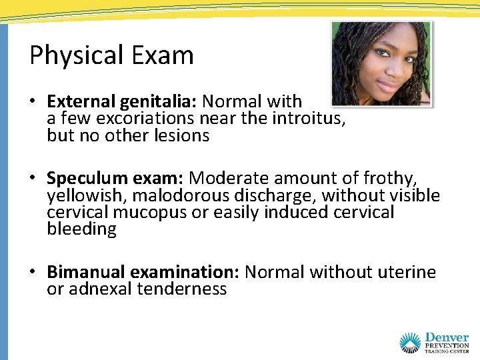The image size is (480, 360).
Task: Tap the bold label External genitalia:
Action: coord(122,101)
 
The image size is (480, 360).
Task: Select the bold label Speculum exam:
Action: coord(116,179)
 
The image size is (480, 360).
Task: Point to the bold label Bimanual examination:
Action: coord(143,272)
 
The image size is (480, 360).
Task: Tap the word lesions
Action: coord(182,136)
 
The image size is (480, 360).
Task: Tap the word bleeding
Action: coord(81,229)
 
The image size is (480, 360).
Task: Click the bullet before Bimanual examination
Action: coord(33,273)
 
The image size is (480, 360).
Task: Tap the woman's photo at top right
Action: coord(381,63)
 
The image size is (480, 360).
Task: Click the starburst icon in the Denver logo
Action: coord(409,343)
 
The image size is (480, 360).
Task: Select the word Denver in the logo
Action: coord(446,338)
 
